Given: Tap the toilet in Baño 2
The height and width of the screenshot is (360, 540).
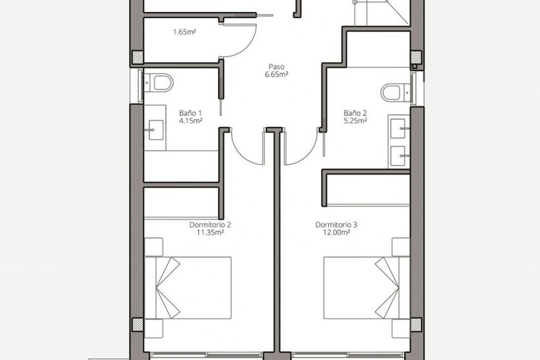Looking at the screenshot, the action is pos(396,92).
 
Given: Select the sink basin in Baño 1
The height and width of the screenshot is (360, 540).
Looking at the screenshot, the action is pos(156,130).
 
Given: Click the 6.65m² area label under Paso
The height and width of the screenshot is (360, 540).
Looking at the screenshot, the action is pos(276,75).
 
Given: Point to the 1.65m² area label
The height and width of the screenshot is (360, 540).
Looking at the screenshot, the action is pos(184,32).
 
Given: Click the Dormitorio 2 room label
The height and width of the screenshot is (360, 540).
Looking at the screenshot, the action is pos(210,225).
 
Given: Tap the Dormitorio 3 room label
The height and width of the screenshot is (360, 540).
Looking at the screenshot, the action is pos(336,225).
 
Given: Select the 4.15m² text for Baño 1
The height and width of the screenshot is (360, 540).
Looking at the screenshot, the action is pos(190,121).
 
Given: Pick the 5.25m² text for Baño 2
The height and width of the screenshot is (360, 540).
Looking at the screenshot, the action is pos(355,121).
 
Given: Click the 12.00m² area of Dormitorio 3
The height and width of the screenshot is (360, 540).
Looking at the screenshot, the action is pos(336,233).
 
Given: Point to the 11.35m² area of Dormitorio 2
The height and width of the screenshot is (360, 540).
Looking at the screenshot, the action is pos(210,233).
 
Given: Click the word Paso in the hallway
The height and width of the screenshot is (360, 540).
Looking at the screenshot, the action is pos(276,67).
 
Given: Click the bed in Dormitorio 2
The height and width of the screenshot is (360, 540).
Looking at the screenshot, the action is pos(188,288).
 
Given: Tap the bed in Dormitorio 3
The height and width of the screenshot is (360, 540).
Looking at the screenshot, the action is pos(367,288).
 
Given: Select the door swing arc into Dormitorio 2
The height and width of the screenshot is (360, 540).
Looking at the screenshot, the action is pos(242,156).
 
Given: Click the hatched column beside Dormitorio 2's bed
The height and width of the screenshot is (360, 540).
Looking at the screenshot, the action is pos(138,324).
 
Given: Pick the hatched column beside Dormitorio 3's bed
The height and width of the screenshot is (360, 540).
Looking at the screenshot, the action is pos(416,324).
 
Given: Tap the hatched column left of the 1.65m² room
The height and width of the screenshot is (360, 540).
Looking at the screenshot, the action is pos(138,57).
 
